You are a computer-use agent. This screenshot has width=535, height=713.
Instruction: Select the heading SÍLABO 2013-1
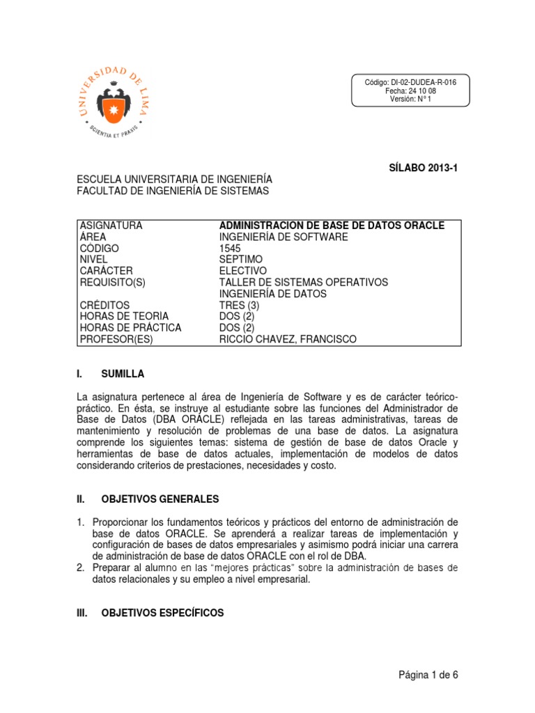pos(423,168)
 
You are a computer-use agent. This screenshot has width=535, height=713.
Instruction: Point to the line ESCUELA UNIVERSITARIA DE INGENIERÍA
pos(174,180)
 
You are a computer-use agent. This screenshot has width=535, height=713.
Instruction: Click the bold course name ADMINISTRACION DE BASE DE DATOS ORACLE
pos(332,226)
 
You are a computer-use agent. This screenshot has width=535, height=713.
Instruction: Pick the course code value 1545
pos(230,249)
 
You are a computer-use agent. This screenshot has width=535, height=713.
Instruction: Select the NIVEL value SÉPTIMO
pos(239,260)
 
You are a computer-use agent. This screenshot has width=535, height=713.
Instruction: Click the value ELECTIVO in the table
pos(242,271)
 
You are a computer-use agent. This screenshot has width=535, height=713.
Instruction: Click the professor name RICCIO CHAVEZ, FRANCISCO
pos(287,339)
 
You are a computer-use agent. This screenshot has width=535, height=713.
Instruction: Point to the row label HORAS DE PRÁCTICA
pos(130,328)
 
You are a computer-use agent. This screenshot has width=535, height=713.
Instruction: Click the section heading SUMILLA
pos(123,374)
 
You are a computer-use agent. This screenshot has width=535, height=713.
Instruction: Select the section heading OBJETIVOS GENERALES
pos(160,499)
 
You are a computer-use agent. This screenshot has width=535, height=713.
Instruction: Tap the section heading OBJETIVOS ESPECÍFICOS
pos(162,613)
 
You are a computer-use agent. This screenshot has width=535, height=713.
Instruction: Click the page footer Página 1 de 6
pos(428,675)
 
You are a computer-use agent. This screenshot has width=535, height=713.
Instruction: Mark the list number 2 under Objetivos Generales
pos(81,567)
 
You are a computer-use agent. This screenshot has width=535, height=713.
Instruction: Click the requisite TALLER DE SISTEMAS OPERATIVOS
pos(303,282)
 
